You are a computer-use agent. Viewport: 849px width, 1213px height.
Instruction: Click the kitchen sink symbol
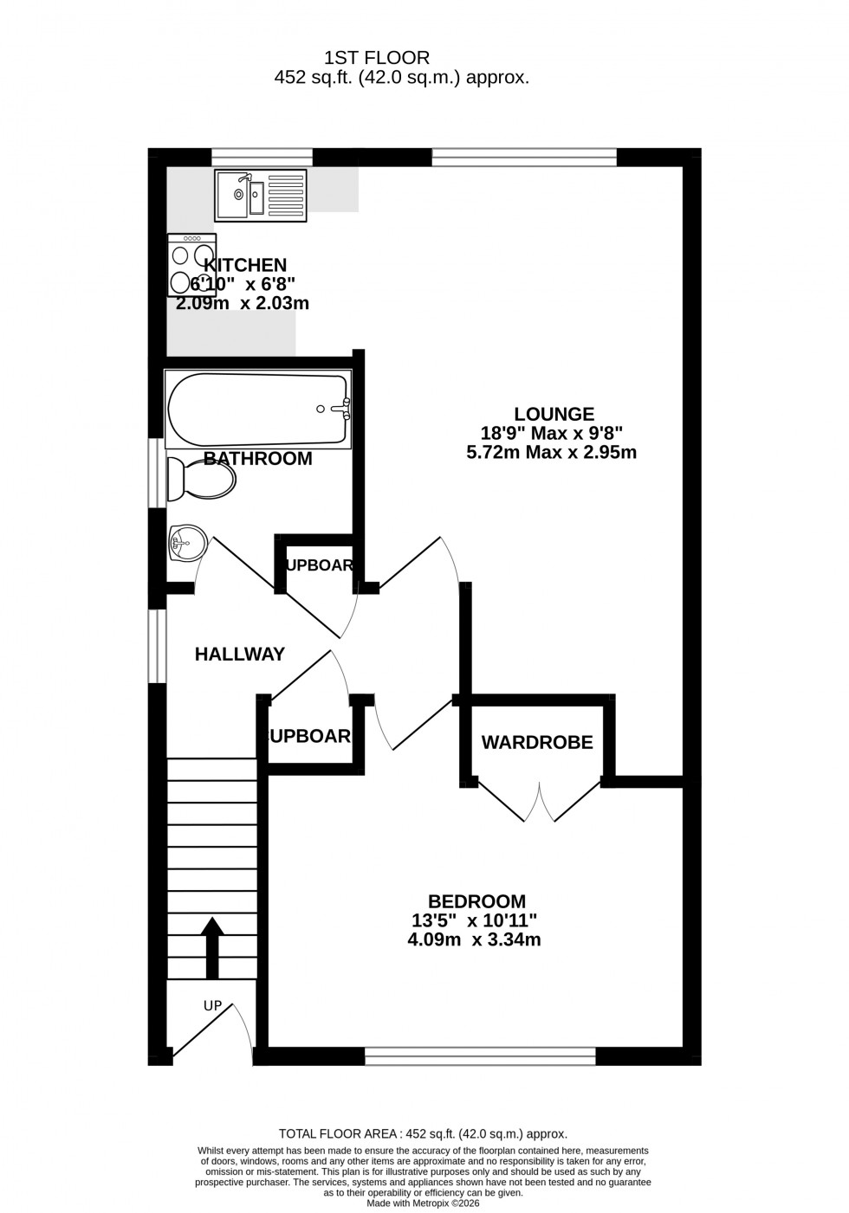click(260, 195)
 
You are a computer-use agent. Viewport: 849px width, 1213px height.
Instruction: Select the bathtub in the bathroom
click(258, 410)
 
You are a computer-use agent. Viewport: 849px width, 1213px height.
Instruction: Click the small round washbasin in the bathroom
click(186, 544)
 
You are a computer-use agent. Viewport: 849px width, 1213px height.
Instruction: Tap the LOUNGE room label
click(554, 414)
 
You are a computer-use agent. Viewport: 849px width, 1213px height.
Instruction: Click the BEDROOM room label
click(476, 901)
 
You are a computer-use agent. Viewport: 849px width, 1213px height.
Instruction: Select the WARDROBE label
click(537, 742)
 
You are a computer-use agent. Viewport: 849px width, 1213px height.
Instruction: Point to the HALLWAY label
click(239, 655)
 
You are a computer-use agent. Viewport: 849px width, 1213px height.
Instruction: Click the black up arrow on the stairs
click(212, 947)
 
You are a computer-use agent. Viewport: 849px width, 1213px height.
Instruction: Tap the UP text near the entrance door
click(212, 1006)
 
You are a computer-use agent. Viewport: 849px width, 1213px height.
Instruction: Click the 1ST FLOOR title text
click(377, 58)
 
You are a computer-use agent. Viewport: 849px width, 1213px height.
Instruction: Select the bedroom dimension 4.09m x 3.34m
click(474, 939)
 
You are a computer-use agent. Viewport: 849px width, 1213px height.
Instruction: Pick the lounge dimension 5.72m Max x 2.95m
click(552, 452)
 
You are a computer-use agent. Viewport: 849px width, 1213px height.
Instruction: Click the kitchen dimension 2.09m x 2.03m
click(243, 304)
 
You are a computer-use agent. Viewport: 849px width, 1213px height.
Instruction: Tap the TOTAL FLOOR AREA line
click(423, 1133)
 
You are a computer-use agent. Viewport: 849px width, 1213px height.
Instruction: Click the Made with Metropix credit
click(423, 1203)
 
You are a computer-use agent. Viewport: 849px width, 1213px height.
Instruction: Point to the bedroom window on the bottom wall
click(480, 1055)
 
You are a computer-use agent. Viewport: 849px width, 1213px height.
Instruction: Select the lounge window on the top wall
click(524, 157)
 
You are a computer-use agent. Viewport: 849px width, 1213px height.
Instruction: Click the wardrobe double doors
click(540, 801)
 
